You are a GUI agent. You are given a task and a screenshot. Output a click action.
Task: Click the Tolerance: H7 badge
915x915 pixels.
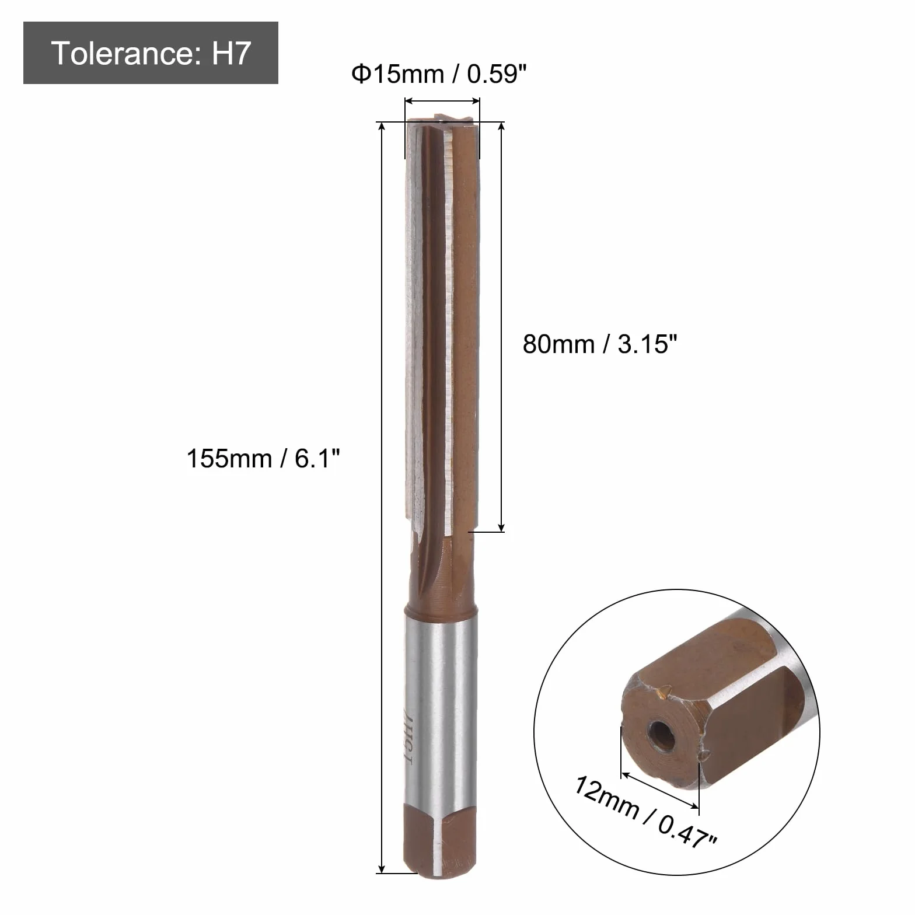click(151, 53)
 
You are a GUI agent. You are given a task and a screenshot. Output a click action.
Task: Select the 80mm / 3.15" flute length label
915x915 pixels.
click(600, 344)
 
